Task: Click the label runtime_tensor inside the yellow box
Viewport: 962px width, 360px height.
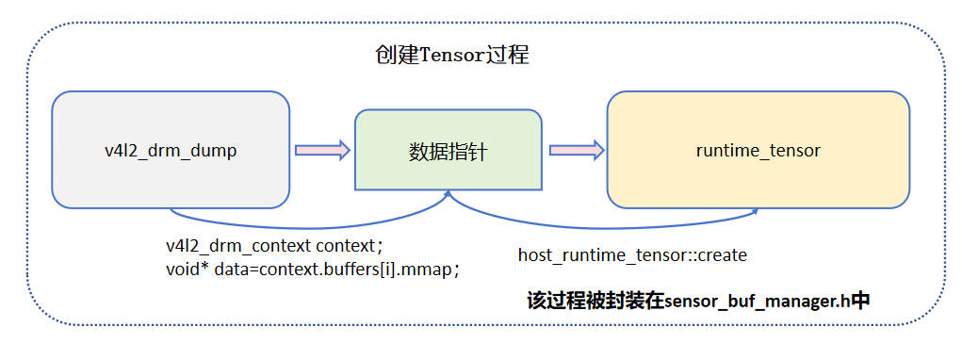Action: click(x=758, y=150)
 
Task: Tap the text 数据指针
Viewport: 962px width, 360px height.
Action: click(x=448, y=152)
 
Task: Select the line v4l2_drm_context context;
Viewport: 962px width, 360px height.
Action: click(x=274, y=246)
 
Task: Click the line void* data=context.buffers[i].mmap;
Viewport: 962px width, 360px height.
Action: click(x=312, y=269)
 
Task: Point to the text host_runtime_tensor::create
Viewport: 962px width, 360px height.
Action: click(x=632, y=255)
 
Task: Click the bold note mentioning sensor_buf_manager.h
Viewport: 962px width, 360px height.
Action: click(x=698, y=302)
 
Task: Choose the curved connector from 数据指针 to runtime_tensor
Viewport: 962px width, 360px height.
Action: click(x=603, y=226)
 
